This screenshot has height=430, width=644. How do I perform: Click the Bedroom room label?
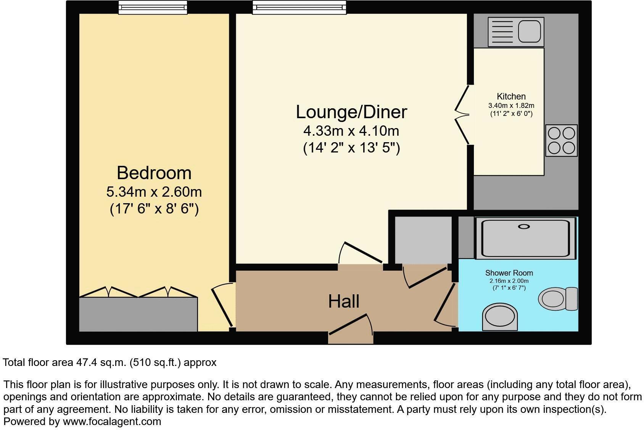(154, 173)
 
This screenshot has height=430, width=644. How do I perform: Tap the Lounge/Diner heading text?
(351, 112)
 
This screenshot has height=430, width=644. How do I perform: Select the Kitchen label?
(511, 96)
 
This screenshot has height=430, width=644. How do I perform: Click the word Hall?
(344, 302)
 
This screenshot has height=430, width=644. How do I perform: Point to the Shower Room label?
(509, 273)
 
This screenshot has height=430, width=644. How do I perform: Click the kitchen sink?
(515, 32)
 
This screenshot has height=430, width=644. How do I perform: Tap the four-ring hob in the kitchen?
(561, 140)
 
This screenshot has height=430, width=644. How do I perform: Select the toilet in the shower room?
(557, 298)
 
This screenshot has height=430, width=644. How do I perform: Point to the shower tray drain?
(524, 227)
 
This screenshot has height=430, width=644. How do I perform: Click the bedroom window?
(153, 7)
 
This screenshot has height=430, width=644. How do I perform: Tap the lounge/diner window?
(299, 7)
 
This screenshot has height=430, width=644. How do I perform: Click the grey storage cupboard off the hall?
(422, 239)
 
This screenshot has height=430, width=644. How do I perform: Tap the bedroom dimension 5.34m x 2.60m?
(154, 192)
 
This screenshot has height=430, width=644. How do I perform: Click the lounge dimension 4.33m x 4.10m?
(351, 131)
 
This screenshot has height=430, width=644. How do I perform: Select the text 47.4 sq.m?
(99, 362)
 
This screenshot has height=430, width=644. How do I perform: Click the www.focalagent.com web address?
(112, 422)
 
